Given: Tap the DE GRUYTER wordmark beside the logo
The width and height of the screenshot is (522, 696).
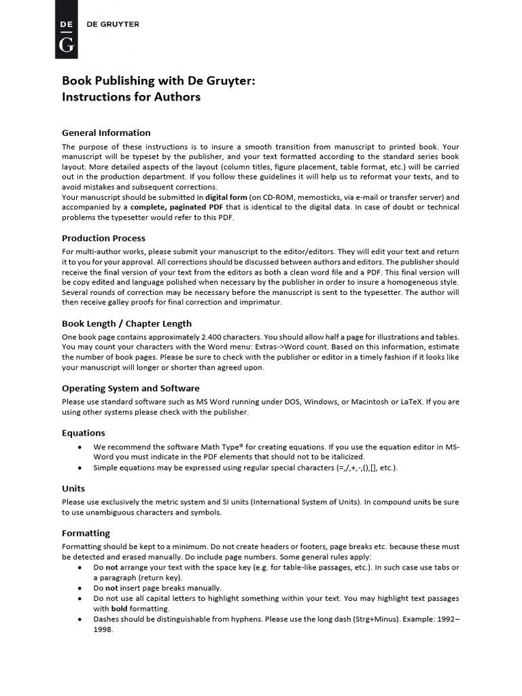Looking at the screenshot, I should (x=113, y=24).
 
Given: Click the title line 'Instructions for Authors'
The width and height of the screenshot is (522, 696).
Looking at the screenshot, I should (x=131, y=97).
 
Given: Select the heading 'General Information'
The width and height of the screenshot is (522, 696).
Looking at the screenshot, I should (x=106, y=133).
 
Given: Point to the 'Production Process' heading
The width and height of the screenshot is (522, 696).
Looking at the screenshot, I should (x=103, y=238).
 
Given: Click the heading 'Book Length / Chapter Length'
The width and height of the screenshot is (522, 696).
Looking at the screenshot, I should (x=126, y=324).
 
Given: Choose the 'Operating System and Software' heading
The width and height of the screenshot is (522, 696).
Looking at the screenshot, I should (x=130, y=388).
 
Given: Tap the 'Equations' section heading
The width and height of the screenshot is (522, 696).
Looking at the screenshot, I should (x=84, y=432).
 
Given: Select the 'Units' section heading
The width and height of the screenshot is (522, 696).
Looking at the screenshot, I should (x=73, y=488).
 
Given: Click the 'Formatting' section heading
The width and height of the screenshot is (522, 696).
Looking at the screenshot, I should (x=86, y=533).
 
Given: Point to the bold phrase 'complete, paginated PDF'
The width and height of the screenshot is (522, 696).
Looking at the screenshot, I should (x=177, y=208).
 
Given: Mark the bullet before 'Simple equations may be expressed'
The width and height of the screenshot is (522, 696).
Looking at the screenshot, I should (x=81, y=468).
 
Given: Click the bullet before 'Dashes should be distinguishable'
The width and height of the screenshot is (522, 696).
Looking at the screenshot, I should (x=81, y=619).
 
